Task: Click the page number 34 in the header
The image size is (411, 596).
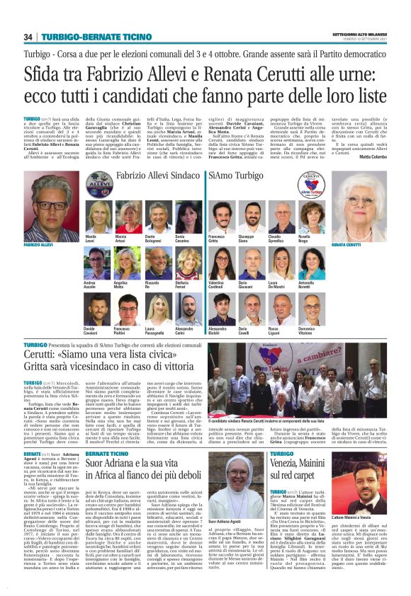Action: click(28, 37)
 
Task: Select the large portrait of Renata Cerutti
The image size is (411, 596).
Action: click(366, 205)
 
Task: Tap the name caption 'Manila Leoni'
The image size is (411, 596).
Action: click(91, 238)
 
